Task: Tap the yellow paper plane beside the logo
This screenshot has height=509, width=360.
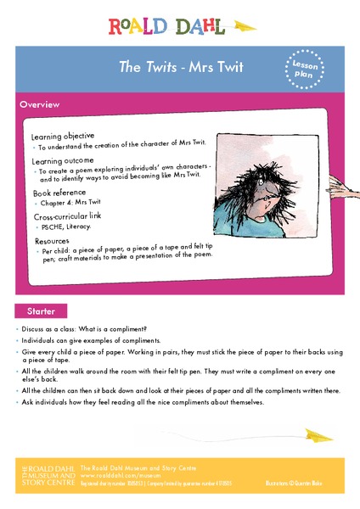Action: [244, 25]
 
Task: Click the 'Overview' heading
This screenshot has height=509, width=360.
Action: [40, 104]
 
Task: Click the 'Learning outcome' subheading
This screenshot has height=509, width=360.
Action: [61, 159]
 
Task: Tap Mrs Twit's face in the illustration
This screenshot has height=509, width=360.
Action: [271, 193]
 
